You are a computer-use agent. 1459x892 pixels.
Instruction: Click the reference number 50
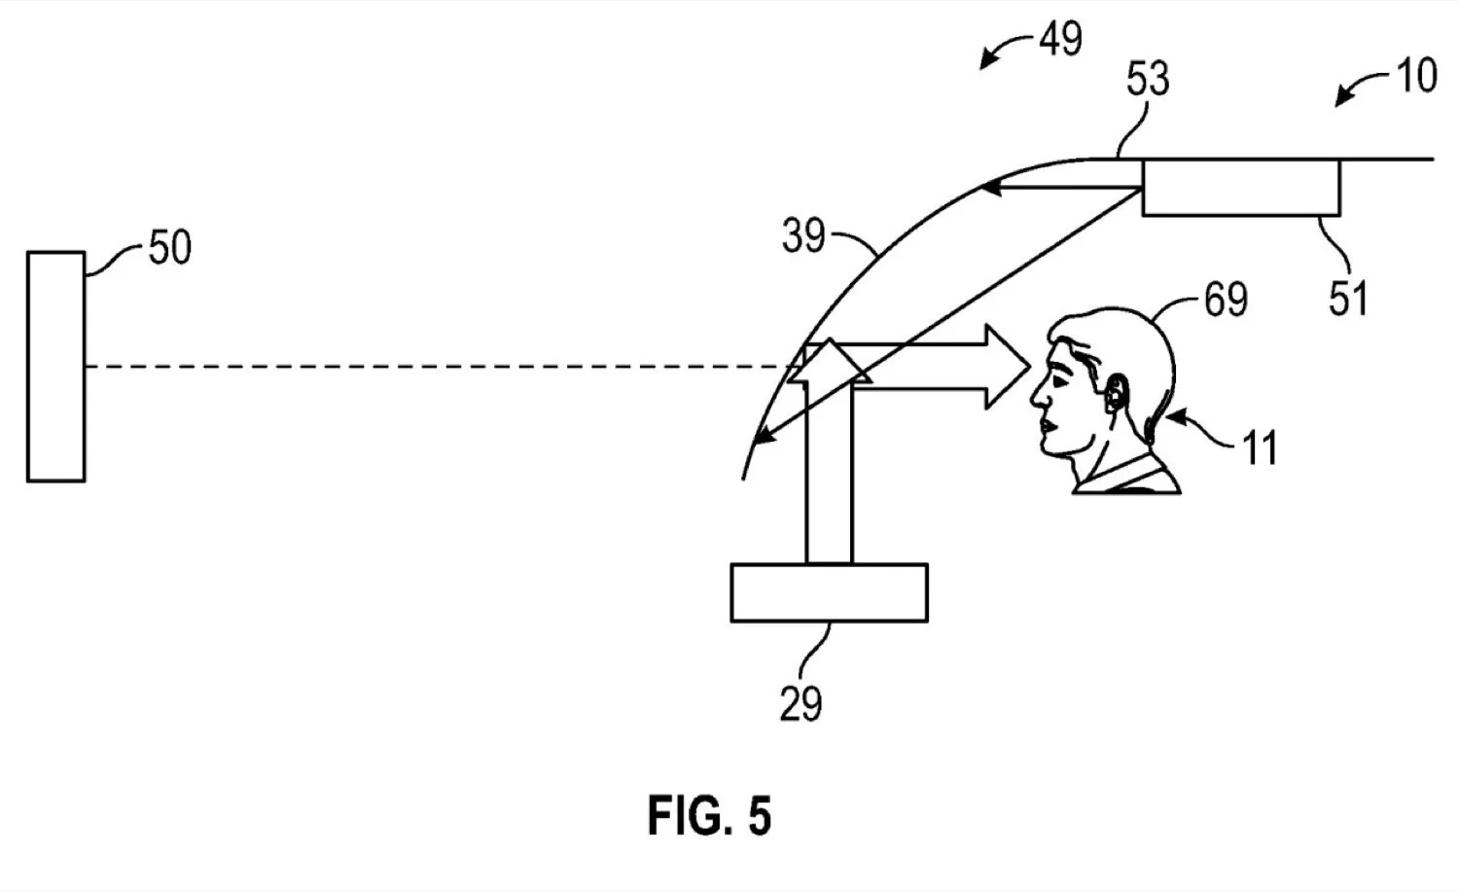click(170, 247)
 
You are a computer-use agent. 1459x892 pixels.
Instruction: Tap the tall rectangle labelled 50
click(56, 367)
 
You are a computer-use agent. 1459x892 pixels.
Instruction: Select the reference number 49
click(1060, 39)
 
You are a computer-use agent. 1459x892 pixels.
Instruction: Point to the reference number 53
click(1149, 79)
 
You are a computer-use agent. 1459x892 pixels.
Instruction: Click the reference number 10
click(1416, 75)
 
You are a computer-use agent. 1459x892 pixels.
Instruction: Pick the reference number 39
click(803, 235)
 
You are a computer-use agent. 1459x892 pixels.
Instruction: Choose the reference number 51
click(1348, 299)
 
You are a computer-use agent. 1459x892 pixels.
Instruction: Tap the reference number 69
click(1226, 299)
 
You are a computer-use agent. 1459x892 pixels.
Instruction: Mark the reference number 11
click(1260, 447)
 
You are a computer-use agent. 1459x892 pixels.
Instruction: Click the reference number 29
click(801, 703)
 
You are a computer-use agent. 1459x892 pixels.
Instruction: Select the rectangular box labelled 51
click(1241, 187)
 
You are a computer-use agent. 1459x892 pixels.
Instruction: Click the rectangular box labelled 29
click(829, 593)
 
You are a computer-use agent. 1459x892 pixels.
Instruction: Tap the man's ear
click(1117, 393)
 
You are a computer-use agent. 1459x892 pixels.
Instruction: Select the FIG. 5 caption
click(709, 816)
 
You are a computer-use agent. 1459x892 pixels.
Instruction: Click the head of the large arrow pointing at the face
click(1008, 367)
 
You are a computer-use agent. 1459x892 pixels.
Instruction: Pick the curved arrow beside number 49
click(1007, 51)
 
